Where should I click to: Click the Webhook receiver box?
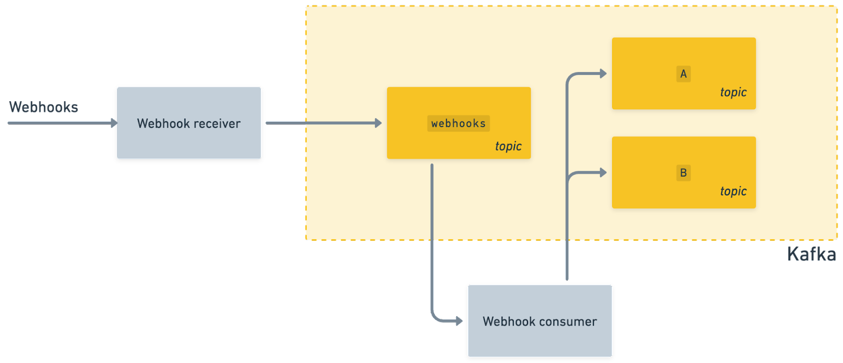pyautogui.click(x=189, y=122)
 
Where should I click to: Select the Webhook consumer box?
pyautogui.click(x=540, y=321)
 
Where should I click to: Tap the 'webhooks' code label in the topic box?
pyautogui.click(x=458, y=123)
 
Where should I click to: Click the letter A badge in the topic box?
pyautogui.click(x=683, y=74)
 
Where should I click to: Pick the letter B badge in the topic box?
pyautogui.click(x=683, y=173)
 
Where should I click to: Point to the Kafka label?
pyautogui.click(x=811, y=254)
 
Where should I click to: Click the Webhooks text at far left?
pyautogui.click(x=43, y=107)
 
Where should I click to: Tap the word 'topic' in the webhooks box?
pyautogui.click(x=508, y=146)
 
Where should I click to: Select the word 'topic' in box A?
pyautogui.click(x=733, y=92)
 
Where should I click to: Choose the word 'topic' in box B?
pyautogui.click(x=733, y=191)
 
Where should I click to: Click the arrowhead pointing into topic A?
pyautogui.click(x=603, y=74)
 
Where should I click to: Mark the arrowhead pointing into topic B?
pyautogui.click(x=603, y=172)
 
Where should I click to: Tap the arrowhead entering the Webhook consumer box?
pyautogui.click(x=459, y=321)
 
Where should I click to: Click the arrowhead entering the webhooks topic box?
pyautogui.click(x=378, y=123)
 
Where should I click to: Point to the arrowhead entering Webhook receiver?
pyautogui.click(x=114, y=123)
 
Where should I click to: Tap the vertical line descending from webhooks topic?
pyautogui.click(x=432, y=237)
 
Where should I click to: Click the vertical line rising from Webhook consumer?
pyautogui.click(x=567, y=237)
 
